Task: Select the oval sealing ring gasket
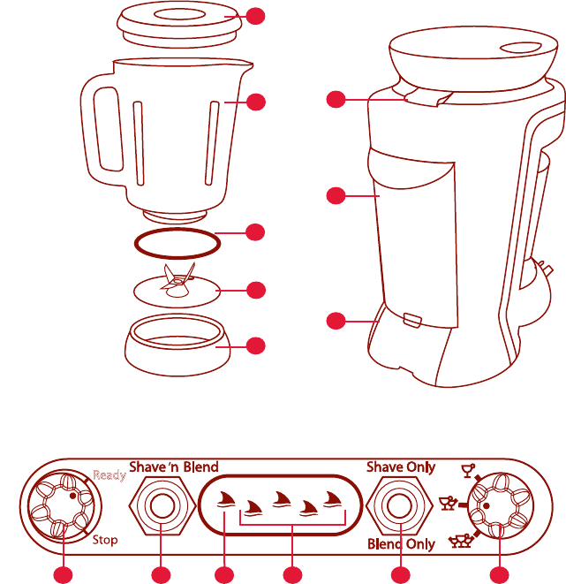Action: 176,241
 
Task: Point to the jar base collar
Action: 177,345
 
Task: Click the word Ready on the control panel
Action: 109,475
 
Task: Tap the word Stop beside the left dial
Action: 103,539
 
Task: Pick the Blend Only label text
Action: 401,544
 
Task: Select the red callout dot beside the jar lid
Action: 254,17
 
